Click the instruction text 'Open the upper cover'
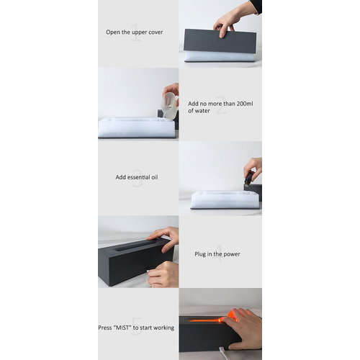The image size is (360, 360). coord(135,32)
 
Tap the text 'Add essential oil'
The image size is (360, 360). coord(137,177)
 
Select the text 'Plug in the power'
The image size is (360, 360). coord(217,254)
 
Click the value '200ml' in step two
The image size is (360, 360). coord(245,104)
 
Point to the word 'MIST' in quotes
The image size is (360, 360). coord(122,328)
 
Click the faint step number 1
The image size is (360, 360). coord(135,32)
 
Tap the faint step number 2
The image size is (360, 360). coord(221,105)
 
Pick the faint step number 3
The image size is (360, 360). coord(138,178)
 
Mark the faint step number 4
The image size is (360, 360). coord(218,253)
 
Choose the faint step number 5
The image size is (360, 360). coord(137,326)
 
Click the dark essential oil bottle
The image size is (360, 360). coord(249,178)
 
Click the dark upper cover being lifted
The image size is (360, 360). coord(220,41)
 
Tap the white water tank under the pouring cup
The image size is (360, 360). coord(137,127)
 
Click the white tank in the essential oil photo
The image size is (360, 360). coord(225,199)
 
